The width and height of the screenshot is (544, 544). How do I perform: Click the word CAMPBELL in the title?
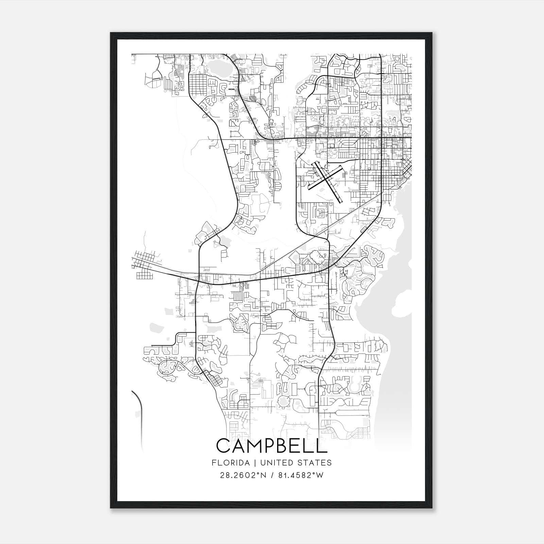pyautogui.click(x=272, y=446)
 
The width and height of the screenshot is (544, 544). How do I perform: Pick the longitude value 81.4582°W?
pyautogui.click(x=300, y=475)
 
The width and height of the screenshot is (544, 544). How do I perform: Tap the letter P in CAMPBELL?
pyautogui.click(x=277, y=446)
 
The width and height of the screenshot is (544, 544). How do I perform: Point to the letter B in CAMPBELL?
pyautogui.click(x=291, y=446)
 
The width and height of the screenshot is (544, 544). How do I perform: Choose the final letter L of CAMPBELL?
pyautogui.click(x=323, y=446)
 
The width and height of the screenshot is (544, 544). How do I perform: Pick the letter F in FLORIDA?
pyautogui.click(x=214, y=463)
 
